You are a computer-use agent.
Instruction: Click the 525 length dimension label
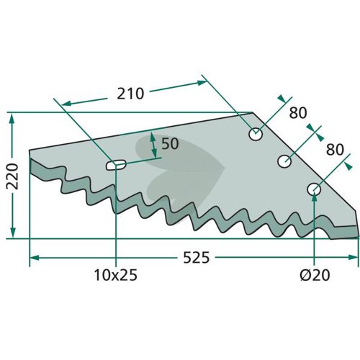(197, 258)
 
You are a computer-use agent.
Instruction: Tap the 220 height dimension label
(12, 176)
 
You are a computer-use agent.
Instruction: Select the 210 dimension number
(130, 94)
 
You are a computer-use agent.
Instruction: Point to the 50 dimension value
(170, 143)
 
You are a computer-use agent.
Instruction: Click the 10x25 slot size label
(116, 275)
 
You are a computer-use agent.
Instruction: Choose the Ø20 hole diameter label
(315, 275)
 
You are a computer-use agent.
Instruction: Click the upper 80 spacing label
(298, 113)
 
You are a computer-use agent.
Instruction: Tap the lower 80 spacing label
(335, 150)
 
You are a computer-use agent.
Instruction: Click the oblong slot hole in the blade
(116, 165)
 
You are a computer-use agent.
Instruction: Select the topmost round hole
(256, 134)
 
